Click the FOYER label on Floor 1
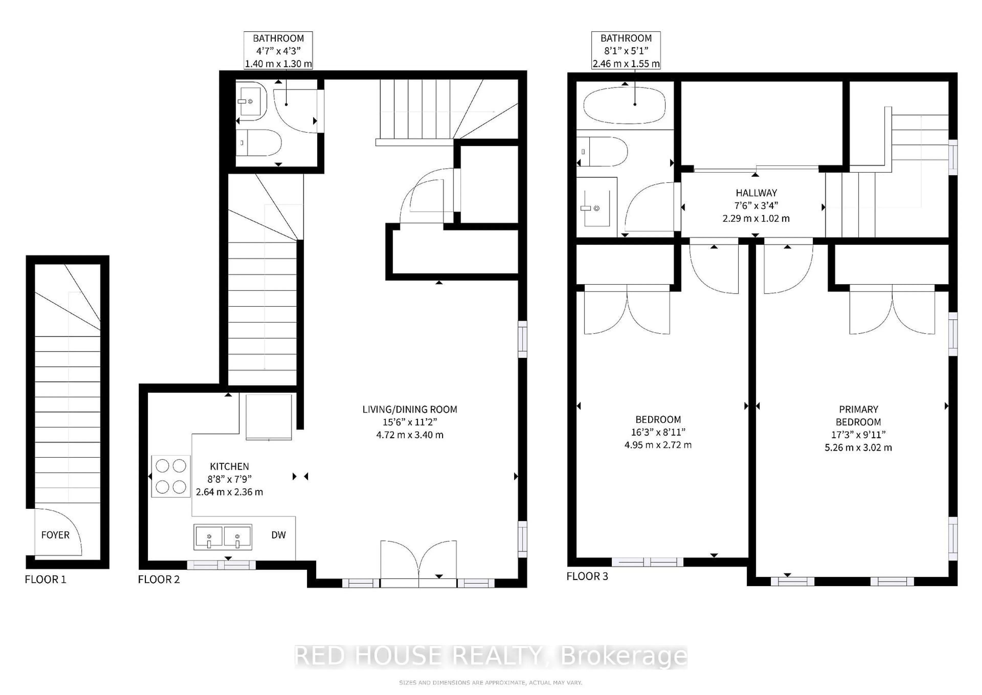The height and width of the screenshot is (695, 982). [x=55, y=535]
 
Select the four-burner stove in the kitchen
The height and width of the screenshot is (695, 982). [x=171, y=476]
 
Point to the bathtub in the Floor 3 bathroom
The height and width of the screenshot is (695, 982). [x=625, y=105]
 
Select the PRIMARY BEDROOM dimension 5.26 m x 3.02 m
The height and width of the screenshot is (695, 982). [x=858, y=448]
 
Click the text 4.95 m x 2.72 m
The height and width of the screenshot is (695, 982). [x=658, y=445]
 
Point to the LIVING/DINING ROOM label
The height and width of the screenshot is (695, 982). [x=410, y=409]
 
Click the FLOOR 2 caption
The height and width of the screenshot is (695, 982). [x=159, y=579]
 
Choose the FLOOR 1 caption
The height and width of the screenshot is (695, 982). [x=45, y=579]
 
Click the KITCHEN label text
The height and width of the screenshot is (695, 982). [x=229, y=466]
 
